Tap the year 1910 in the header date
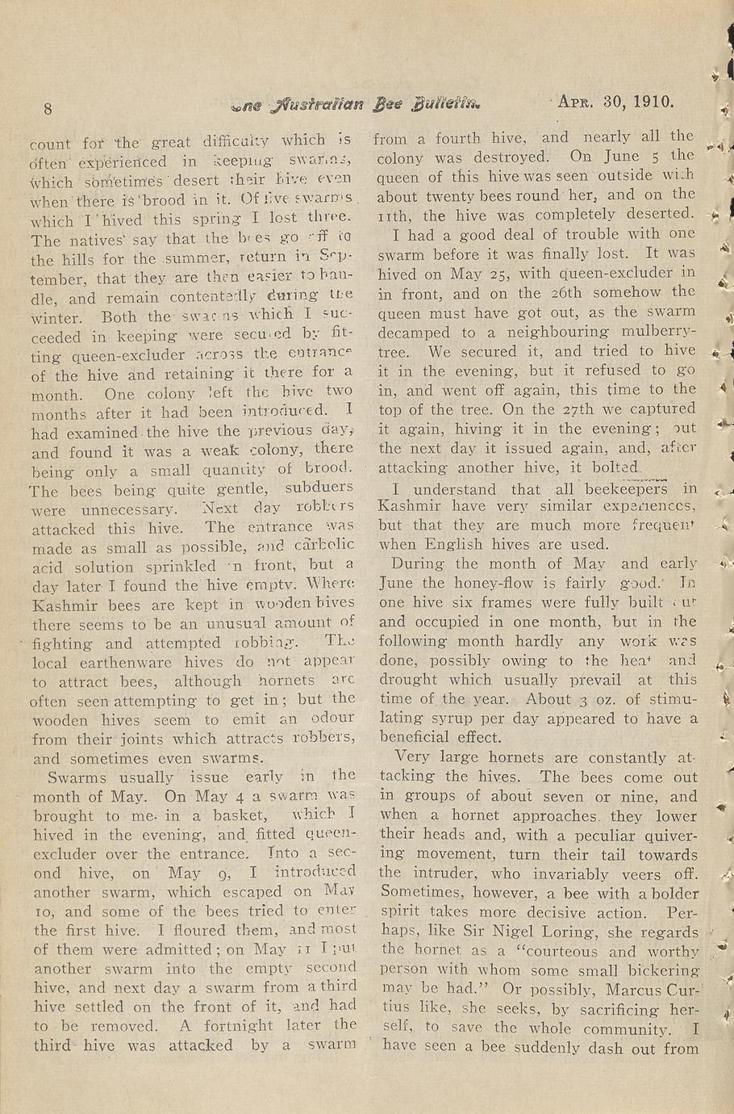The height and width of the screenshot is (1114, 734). pos(653,103)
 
